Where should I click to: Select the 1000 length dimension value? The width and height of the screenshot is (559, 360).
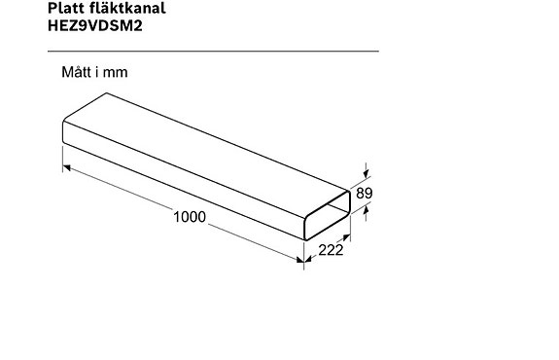[190, 217]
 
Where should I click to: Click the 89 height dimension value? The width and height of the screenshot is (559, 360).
[365, 194]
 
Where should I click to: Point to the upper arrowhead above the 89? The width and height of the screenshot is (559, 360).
[366, 172]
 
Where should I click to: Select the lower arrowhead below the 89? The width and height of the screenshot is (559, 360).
[366, 213]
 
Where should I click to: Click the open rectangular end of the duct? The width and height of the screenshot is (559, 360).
[326, 215]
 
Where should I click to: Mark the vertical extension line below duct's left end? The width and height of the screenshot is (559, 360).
[62, 159]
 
